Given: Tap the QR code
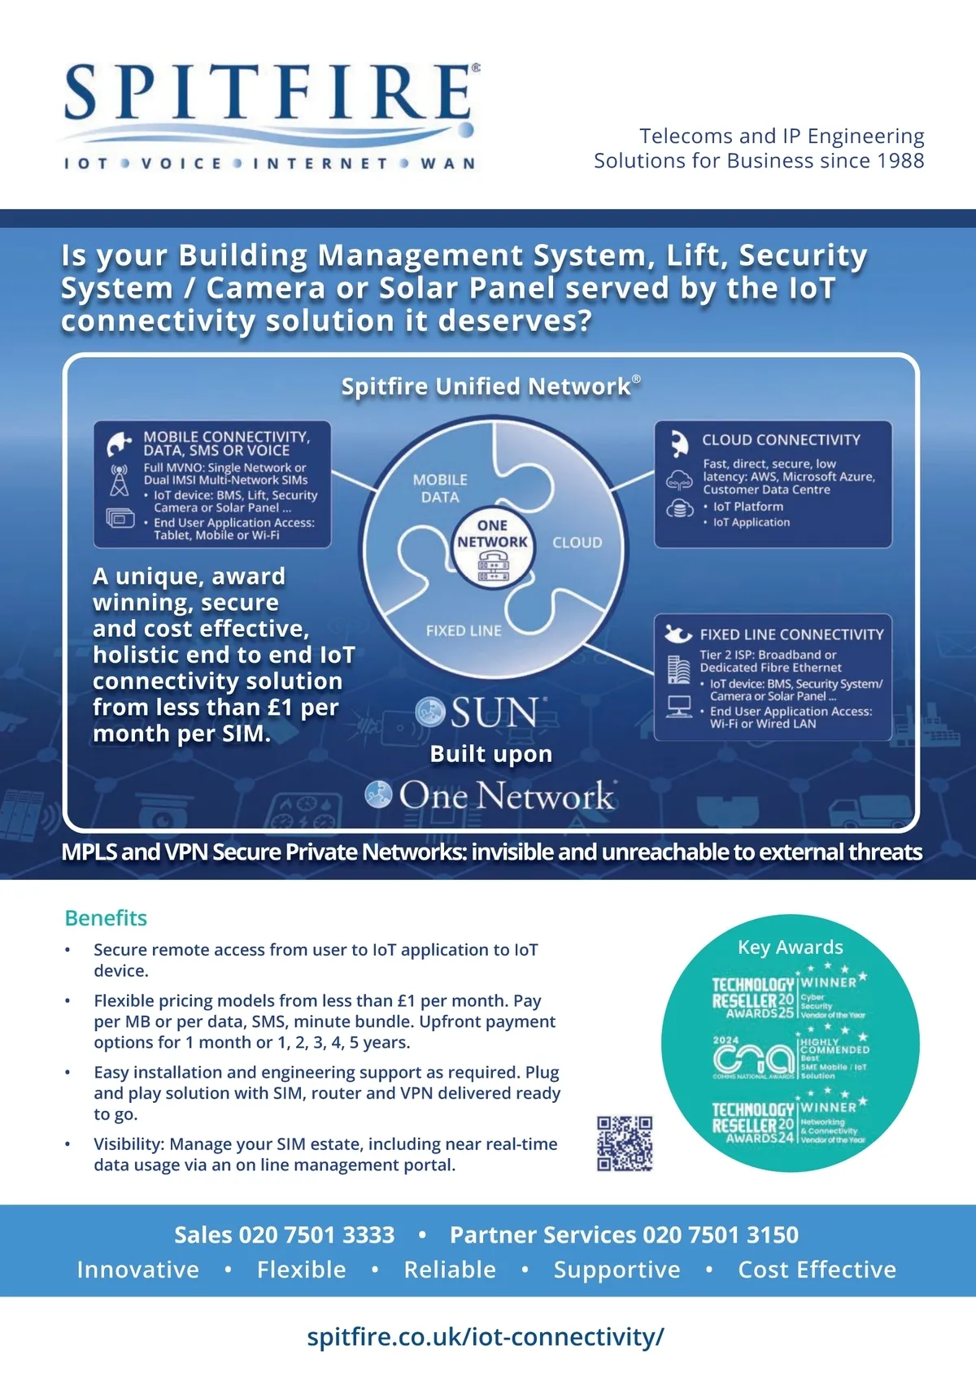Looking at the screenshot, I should [625, 1144].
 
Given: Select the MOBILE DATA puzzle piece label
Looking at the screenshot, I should [440, 488].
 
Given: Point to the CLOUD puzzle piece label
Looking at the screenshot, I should [577, 542].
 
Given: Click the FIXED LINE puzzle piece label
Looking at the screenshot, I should [464, 630].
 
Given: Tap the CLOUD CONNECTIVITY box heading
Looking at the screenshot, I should [781, 440].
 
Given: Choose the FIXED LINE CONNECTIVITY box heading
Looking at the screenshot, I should [791, 634].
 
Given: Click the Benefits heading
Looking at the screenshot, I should [106, 918].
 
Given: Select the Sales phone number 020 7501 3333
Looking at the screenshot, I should [316, 1235].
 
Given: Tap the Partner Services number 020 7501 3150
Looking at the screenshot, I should [720, 1235].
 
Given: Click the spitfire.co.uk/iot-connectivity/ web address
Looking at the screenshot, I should [486, 1336].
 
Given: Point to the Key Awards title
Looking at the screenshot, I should [790, 947].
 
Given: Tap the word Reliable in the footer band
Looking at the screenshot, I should [450, 1270].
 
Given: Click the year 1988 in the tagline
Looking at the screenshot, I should [900, 161].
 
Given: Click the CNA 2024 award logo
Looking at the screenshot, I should [753, 1058].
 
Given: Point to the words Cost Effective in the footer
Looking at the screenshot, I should [817, 1270].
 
